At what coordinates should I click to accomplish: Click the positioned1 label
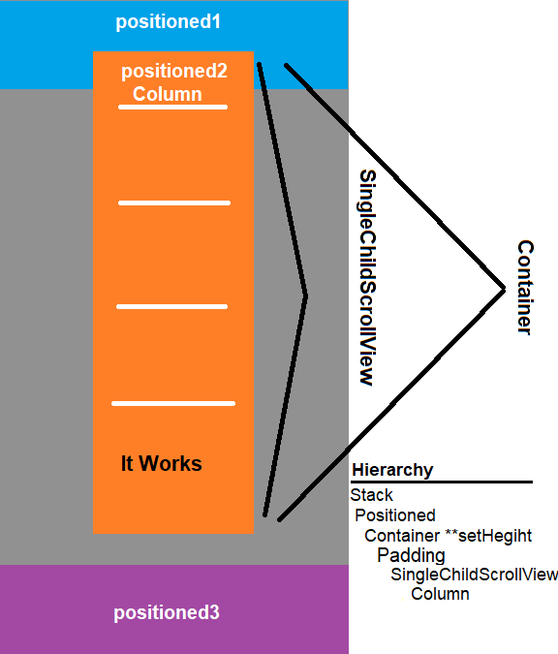pyautogui.click(x=168, y=22)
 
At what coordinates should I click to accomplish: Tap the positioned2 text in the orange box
pyautogui.click(x=174, y=72)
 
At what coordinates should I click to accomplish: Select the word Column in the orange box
pyautogui.click(x=168, y=94)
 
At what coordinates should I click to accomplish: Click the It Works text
pyautogui.click(x=162, y=463)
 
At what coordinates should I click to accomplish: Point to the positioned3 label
pyautogui.click(x=167, y=612)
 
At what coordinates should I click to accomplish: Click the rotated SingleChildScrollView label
pyautogui.click(x=368, y=277)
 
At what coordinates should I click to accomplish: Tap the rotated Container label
pyautogui.click(x=525, y=288)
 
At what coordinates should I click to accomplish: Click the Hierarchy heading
pyautogui.click(x=392, y=470)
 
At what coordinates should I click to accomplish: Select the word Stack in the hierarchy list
pyautogui.click(x=371, y=495)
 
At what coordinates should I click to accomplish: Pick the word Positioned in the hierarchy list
pyautogui.click(x=395, y=515)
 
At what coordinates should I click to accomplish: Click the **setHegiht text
pyautogui.click(x=488, y=536)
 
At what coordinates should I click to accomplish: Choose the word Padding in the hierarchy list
pyautogui.click(x=411, y=555)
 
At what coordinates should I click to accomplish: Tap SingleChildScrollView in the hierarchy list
pyautogui.click(x=474, y=575)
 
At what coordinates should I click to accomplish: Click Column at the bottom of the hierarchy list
pyautogui.click(x=440, y=594)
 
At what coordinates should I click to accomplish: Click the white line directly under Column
pyautogui.click(x=172, y=108)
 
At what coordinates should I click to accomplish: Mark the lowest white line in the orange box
pyautogui.click(x=173, y=403)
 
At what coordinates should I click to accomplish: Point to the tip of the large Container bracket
pyautogui.click(x=504, y=288)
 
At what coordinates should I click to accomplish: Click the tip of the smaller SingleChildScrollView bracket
pyautogui.click(x=307, y=297)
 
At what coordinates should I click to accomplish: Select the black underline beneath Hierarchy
pyautogui.click(x=442, y=483)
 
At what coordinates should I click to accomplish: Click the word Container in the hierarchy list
pyautogui.click(x=402, y=536)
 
